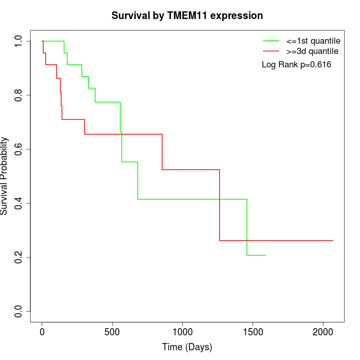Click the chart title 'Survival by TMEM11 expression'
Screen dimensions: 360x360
tap(187, 16)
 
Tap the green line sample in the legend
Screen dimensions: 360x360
tap(271, 40)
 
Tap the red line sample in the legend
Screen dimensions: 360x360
tap(271, 51)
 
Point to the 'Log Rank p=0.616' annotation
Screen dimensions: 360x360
tap(296, 65)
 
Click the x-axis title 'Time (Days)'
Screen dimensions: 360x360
tap(187, 347)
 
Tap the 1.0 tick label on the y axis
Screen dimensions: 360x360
tap(19, 41)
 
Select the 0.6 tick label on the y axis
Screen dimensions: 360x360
tap(19, 149)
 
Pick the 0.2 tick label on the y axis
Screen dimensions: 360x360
tap(19, 257)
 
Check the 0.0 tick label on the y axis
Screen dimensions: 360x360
tap(19, 311)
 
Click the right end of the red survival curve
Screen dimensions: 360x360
tap(333, 241)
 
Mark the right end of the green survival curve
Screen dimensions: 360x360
tap(265, 255)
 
